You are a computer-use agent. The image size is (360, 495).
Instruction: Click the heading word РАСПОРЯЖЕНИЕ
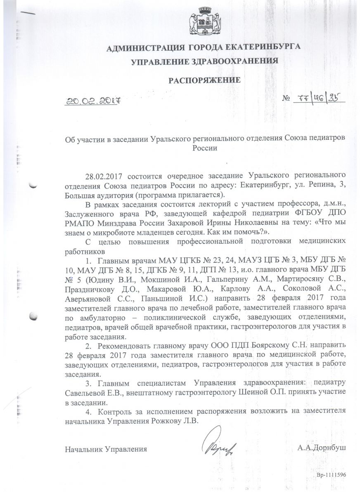click(x=204, y=80)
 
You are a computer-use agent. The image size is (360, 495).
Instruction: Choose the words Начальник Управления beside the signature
click(x=106, y=448)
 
